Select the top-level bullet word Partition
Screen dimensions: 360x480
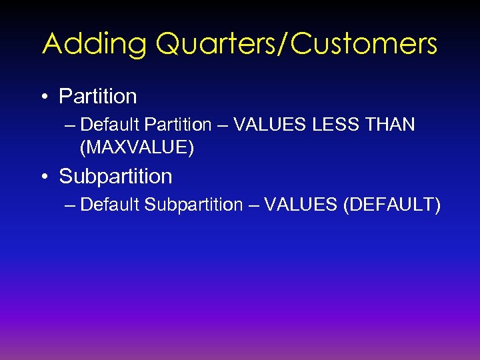click(98, 97)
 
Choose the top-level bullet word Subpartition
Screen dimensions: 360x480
click(115, 177)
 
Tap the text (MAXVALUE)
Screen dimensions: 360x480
click(137, 147)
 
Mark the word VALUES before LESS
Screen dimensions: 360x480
click(263, 125)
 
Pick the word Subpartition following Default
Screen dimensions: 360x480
click(193, 205)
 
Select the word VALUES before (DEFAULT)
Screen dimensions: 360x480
click(300, 205)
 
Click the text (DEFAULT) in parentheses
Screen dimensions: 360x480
click(391, 205)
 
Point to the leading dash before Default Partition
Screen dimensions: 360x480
click(71, 125)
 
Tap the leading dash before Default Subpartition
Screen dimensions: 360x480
click(71, 205)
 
